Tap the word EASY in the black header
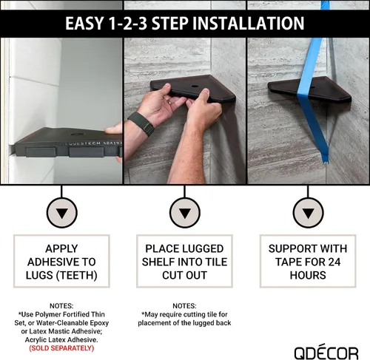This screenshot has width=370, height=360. tap(84, 23)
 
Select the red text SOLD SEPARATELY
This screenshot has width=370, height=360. tap(61, 348)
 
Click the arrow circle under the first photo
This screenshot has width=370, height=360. tap(61, 213)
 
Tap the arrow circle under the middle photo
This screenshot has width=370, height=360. tap(185, 213)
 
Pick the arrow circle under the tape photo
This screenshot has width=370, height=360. tap(308, 213)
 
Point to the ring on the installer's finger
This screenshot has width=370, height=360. tap(169, 101)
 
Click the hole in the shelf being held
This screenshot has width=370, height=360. tap(195, 86)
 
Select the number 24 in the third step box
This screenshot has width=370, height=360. tap(334, 262)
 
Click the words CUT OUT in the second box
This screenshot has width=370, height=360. tap(184, 275)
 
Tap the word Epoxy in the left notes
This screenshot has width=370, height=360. tap(98, 323)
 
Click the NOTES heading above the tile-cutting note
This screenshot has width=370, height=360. tap(184, 306)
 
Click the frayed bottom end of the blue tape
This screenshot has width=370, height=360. tap(326, 160)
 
